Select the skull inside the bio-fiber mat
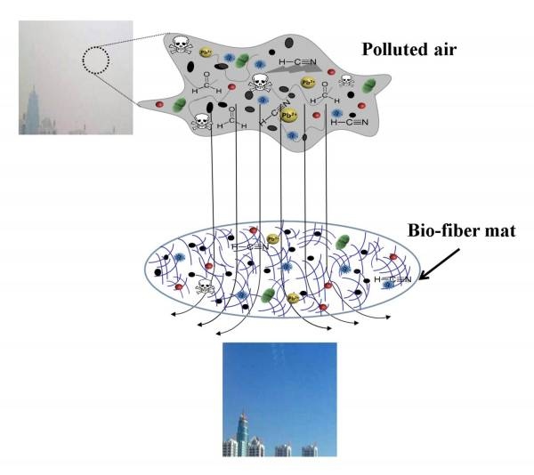206,287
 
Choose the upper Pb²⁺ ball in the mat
272,238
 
